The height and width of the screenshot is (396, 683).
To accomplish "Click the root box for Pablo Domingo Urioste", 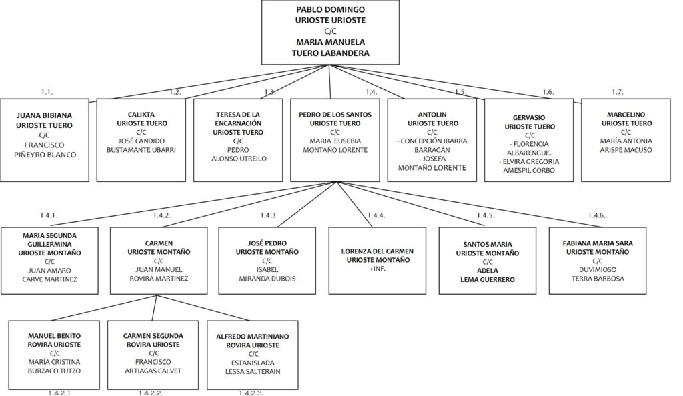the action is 330,32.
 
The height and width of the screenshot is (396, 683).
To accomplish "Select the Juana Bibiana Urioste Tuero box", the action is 45,140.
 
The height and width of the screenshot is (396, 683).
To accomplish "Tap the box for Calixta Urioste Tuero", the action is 141,140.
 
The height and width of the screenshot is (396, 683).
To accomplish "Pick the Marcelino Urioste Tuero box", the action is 626,140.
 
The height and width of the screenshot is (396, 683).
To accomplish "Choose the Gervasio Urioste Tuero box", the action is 529,140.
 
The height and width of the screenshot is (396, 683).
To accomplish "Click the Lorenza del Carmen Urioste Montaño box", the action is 378,261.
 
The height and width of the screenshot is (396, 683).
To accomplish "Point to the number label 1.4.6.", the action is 596,215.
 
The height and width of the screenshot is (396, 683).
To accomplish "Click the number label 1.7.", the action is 617,92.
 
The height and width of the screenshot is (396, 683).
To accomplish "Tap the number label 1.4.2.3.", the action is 251,393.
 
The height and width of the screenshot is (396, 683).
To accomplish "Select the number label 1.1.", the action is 47,92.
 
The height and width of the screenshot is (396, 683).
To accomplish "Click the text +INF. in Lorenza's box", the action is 378,269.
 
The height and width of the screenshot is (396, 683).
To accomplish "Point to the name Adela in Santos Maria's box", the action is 488,271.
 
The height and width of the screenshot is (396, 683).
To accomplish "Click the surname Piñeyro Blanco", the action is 45,155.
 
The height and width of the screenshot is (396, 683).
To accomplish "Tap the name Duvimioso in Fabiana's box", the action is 597,270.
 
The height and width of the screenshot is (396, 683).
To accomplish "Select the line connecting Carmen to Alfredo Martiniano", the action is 203,307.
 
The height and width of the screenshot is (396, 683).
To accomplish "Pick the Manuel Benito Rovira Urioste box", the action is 54,355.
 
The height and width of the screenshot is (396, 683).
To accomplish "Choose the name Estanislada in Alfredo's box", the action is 253,363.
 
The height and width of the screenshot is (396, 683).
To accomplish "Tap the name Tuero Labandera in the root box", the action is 330,53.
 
